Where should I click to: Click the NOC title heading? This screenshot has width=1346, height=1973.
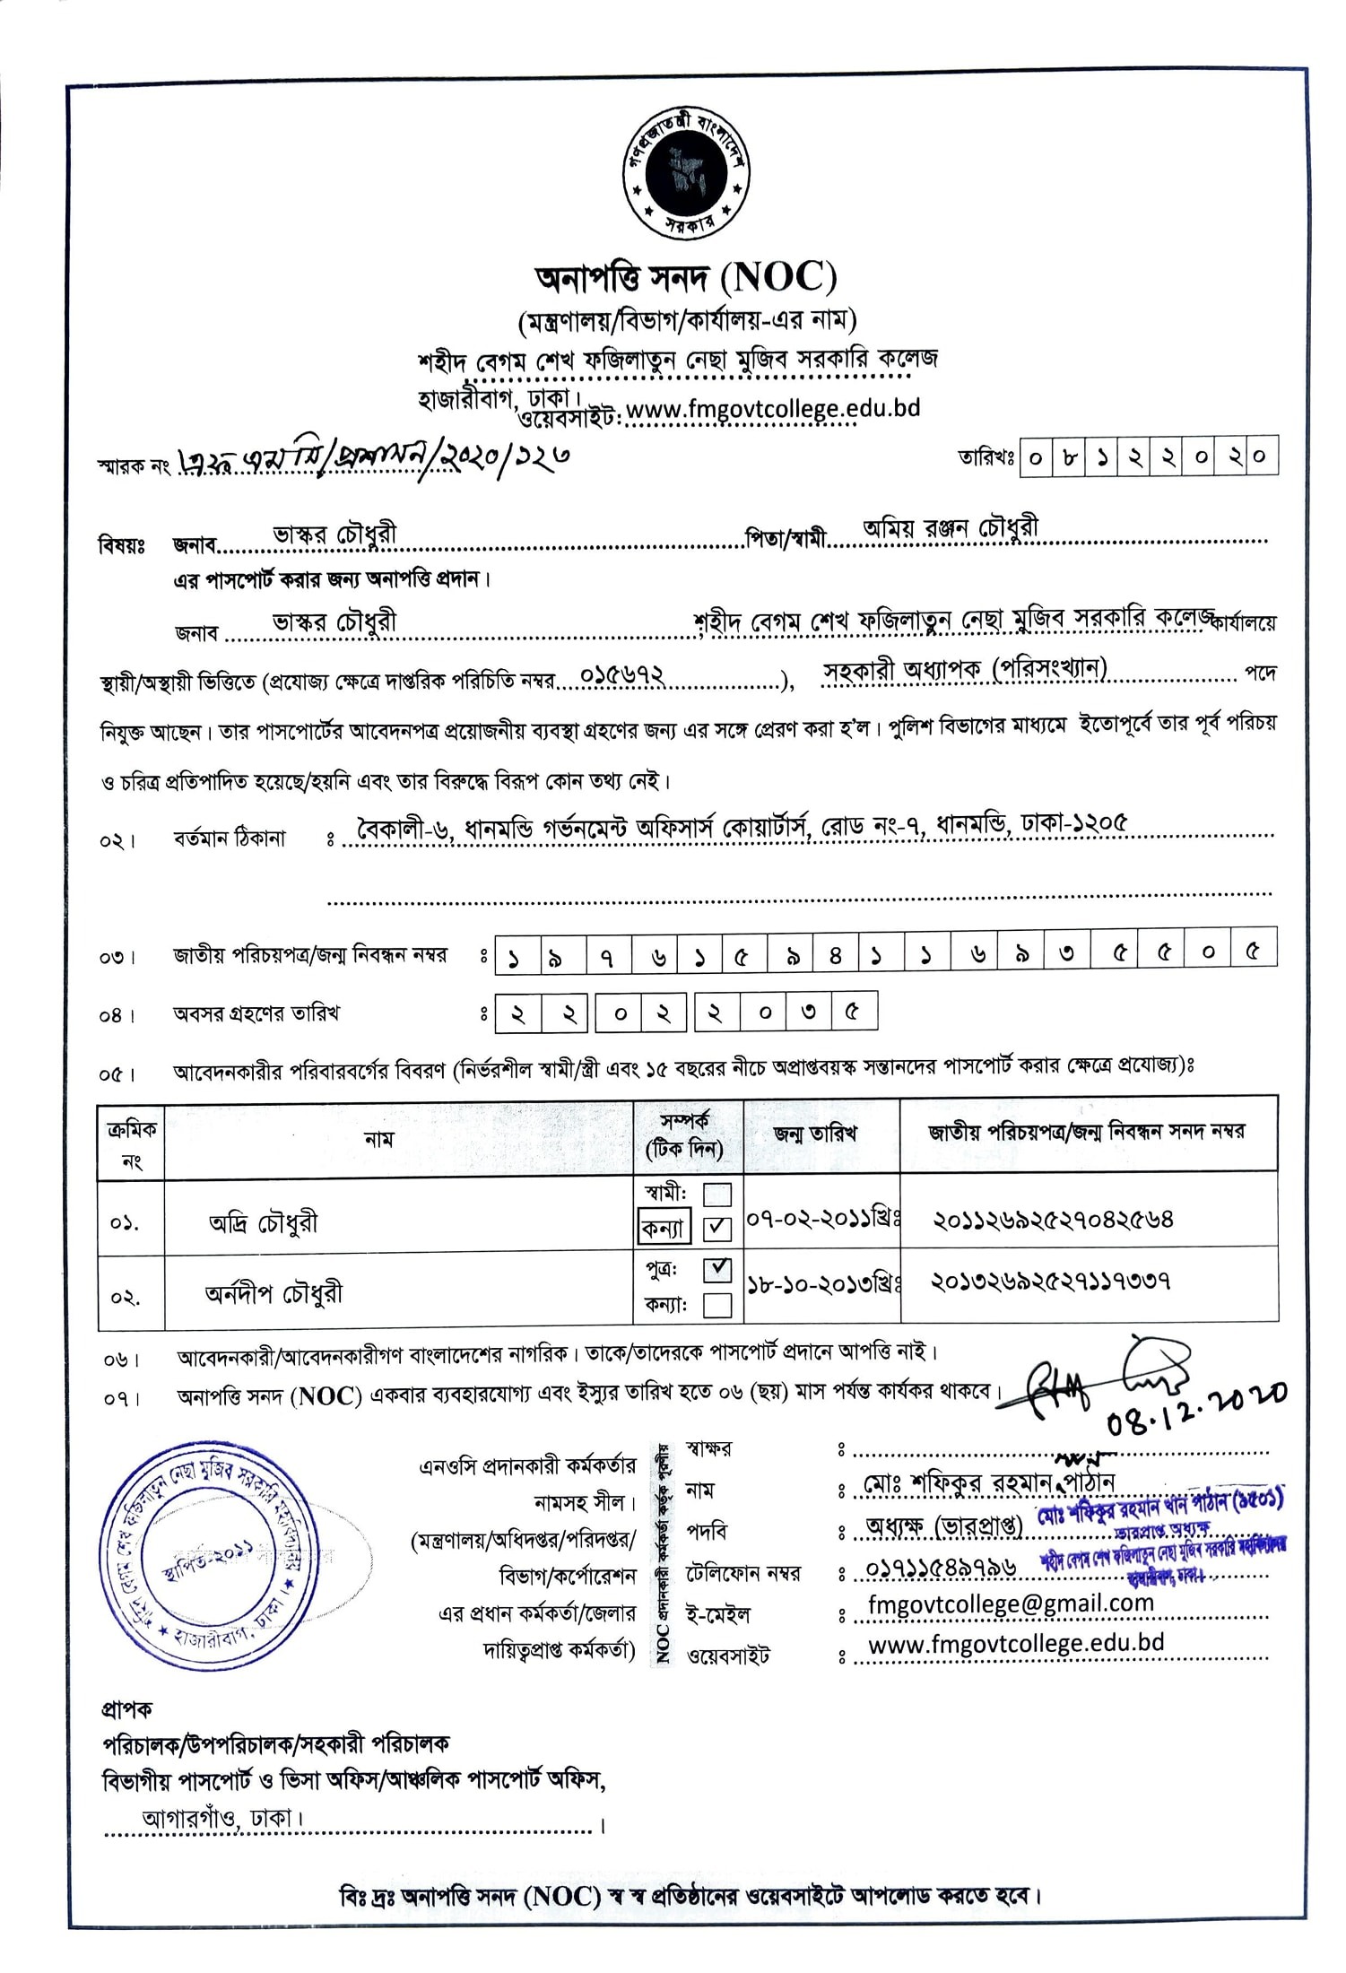point(686,279)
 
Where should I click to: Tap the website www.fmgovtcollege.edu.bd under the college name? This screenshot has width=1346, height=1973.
point(772,409)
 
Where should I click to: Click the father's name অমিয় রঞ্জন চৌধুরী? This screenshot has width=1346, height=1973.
point(951,529)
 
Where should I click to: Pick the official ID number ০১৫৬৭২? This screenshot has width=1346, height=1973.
point(622,674)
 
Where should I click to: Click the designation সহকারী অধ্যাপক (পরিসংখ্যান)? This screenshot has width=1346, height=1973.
point(965,670)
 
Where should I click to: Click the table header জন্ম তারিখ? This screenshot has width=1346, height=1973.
point(815,1134)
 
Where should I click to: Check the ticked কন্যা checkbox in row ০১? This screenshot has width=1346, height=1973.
point(717,1228)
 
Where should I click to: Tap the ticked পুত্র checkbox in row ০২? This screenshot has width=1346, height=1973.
point(717,1269)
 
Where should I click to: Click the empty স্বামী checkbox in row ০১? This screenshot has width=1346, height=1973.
point(717,1195)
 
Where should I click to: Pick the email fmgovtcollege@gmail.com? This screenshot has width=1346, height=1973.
point(1011,1604)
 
